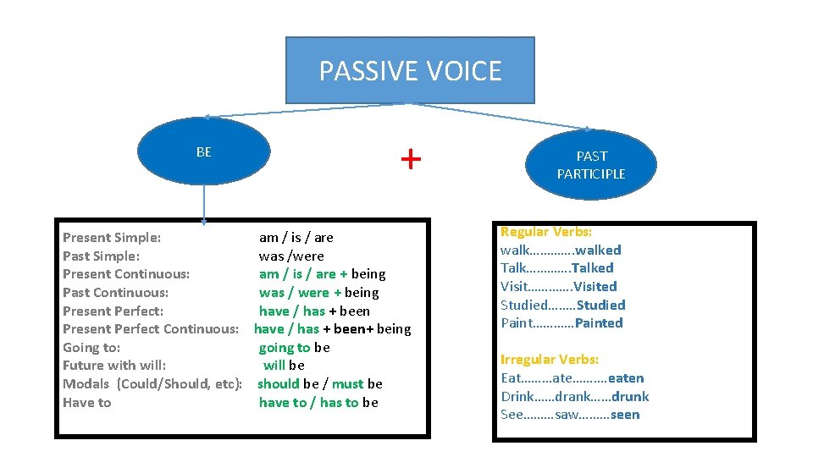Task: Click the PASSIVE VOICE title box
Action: pos(410,70)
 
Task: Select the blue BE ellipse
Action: pos(203,152)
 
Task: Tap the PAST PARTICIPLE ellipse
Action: pos(591,164)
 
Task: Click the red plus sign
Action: pos(410,158)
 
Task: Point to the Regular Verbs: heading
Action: pos(546,231)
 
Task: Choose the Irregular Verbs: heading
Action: pos(550,360)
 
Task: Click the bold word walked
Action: pos(598,250)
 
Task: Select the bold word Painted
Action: pos(599,322)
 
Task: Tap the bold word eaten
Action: pos(626,378)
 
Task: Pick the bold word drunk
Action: pos(630,396)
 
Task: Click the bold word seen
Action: pos(623,415)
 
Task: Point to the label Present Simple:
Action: pos(112,238)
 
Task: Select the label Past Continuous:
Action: pos(115,293)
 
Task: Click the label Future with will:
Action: pos(114,366)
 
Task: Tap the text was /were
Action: pos(291,256)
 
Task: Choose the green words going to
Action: pos(285,347)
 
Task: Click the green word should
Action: pos(279,384)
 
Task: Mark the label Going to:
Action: pos(91,347)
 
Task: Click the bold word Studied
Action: pos(600,305)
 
